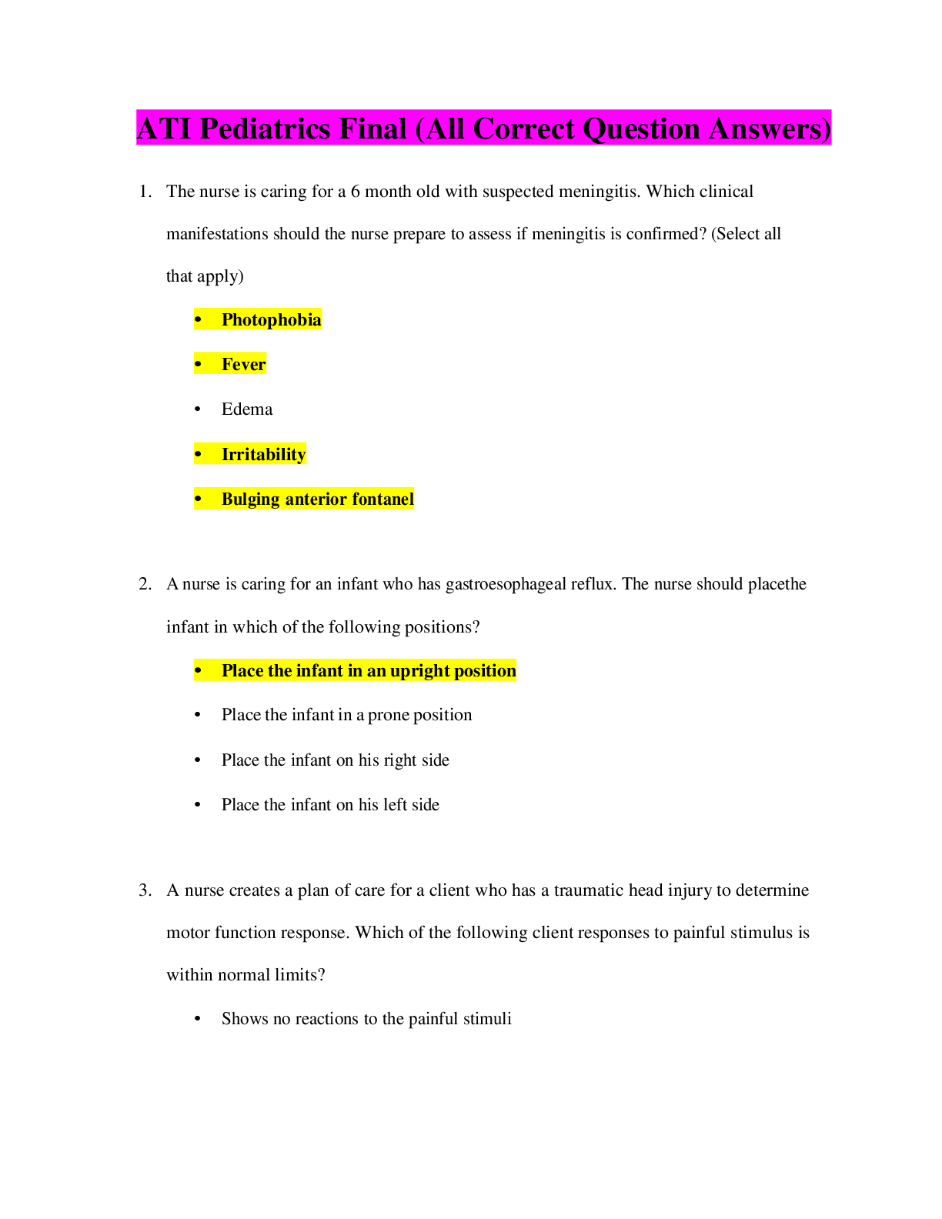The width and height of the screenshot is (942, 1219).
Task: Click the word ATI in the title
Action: (x=164, y=129)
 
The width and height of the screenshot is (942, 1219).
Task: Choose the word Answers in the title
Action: (x=767, y=129)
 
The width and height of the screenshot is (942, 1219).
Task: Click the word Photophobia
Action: (x=271, y=319)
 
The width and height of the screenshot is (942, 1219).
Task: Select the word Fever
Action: (x=244, y=364)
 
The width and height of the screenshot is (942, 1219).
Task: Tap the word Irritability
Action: (x=263, y=454)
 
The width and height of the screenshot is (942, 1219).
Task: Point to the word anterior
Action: (x=316, y=499)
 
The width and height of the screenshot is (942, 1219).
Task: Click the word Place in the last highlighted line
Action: (x=242, y=670)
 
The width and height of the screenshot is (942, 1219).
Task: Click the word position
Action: (x=485, y=670)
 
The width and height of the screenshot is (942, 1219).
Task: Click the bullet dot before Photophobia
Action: (x=199, y=319)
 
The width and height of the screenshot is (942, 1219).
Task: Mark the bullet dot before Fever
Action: (x=199, y=364)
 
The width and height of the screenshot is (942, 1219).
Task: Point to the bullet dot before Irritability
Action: (x=199, y=454)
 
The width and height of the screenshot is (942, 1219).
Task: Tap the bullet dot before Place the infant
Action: (x=199, y=670)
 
